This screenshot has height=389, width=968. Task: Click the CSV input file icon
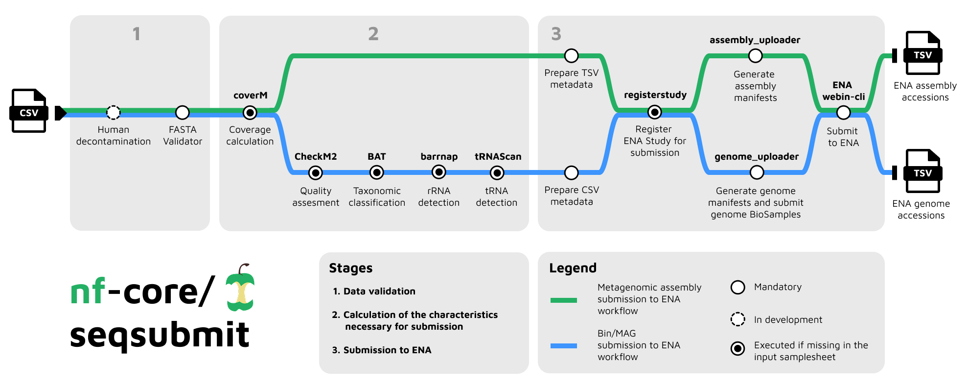coord(29,111)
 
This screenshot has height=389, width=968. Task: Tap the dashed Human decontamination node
coord(114,113)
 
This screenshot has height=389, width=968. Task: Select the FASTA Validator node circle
coord(183,113)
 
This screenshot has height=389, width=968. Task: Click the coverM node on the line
coord(250,113)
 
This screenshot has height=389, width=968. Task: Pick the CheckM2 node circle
coord(316,172)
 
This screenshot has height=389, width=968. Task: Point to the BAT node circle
coord(377,172)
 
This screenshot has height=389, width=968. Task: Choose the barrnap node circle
coord(439,172)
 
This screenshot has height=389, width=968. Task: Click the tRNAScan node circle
coord(497,172)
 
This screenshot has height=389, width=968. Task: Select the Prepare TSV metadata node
coord(572,56)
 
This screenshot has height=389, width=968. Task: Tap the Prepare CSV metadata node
coord(572,172)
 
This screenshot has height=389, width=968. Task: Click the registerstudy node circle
coord(655,113)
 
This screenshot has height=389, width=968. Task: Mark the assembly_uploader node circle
coord(756,56)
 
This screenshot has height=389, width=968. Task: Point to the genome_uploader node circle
coord(757,172)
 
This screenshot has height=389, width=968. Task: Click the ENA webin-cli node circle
coord(844,113)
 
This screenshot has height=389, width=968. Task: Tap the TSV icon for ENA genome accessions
coord(922,171)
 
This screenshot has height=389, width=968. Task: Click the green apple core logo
coord(240,289)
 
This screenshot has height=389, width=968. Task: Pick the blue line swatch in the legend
coord(564,346)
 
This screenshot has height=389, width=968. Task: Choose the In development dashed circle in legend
coord(738,319)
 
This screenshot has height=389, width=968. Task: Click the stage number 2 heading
coord(373,34)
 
